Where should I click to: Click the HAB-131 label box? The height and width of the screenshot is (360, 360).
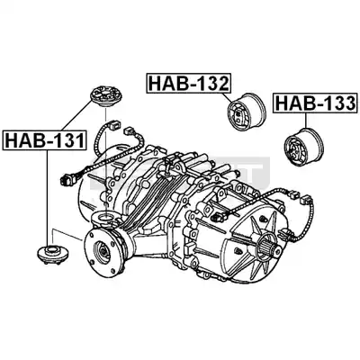pyautogui.click(x=44, y=140)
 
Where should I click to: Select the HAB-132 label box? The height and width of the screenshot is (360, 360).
pyautogui.click(x=189, y=83)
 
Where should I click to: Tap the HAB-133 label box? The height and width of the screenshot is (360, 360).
pyautogui.click(x=315, y=103)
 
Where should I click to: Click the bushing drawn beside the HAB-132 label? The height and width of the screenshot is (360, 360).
pyautogui.click(x=246, y=112)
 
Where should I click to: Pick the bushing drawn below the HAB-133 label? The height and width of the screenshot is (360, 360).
pyautogui.click(x=303, y=146)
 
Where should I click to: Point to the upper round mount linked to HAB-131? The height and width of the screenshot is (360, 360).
pyautogui.click(x=104, y=96)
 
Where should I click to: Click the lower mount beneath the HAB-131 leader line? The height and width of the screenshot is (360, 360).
pyautogui.click(x=53, y=255)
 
